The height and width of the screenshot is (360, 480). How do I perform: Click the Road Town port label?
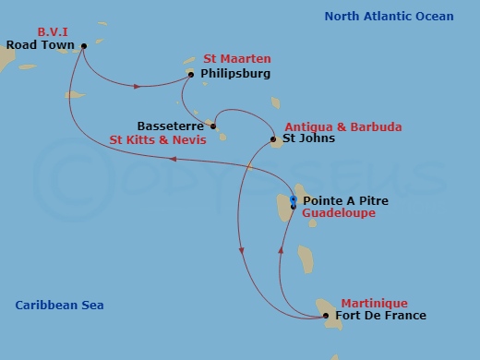click(x=40, y=44)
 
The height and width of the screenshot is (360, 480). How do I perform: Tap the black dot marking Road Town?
click(x=84, y=45)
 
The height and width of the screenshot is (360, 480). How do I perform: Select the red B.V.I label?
click(x=53, y=31)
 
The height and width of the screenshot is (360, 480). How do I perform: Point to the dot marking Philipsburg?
click(x=191, y=75)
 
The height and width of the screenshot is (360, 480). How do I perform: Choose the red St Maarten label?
click(x=237, y=60)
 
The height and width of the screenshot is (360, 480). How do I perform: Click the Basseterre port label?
click(x=171, y=126)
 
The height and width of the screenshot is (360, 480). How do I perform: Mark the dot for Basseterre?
click(x=213, y=126)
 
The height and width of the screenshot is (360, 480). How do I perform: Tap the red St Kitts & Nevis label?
click(x=152, y=141)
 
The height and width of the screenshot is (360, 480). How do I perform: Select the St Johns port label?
click(x=308, y=139)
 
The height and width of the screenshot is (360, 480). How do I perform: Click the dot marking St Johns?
click(x=273, y=140)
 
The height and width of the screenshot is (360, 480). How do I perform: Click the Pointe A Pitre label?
click(x=345, y=200)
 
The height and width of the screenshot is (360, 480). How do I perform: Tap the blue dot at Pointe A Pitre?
click(x=294, y=199)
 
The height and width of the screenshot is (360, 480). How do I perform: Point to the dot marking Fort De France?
click(x=326, y=317)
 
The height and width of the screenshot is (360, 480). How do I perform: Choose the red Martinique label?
click(x=374, y=303)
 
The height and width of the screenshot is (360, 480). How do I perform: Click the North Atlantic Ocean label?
click(x=389, y=17)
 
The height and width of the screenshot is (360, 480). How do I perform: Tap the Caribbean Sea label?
click(x=59, y=306)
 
